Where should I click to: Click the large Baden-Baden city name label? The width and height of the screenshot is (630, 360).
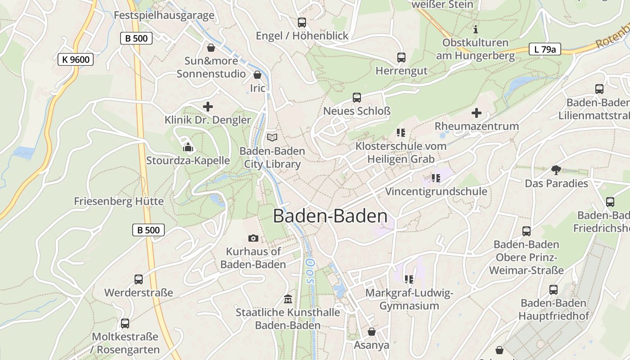pyautogui.click(x=330, y=216)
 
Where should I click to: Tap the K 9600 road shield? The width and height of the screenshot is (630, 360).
pyautogui.click(x=76, y=59)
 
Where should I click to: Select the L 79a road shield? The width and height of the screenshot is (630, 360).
pyautogui.click(x=544, y=49)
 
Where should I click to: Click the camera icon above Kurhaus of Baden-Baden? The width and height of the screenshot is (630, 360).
pyautogui.click(x=253, y=238)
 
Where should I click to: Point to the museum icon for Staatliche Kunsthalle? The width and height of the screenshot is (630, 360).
pyautogui.click(x=288, y=299)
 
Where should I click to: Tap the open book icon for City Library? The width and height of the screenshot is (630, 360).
pyautogui.click(x=272, y=137)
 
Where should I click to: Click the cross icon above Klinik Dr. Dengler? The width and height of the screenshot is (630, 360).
pyautogui.click(x=208, y=107)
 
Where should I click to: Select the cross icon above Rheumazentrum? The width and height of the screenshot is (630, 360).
pyautogui.click(x=477, y=113)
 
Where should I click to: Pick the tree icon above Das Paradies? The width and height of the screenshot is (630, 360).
pyautogui.click(x=556, y=170)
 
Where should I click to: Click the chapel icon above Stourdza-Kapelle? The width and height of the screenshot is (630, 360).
pyautogui.click(x=188, y=147)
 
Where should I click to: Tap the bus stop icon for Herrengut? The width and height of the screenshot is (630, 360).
pyautogui.click(x=401, y=58)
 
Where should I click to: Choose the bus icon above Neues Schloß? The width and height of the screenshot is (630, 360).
pyautogui.click(x=357, y=97)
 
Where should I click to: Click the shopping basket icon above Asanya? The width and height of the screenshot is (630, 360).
pyautogui.click(x=372, y=332)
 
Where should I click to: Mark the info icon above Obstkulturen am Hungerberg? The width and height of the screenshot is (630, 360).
pyautogui.click(x=476, y=30)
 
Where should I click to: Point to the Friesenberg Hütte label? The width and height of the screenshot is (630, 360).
pyautogui.click(x=119, y=201)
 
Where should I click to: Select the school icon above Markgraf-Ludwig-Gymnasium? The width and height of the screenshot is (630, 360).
pyautogui.click(x=409, y=279)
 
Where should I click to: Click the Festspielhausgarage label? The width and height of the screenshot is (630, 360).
pyautogui.click(x=164, y=15)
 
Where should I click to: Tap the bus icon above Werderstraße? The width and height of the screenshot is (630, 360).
pyautogui.click(x=139, y=279)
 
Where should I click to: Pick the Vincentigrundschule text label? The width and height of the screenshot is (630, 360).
pyautogui.click(x=436, y=191)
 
